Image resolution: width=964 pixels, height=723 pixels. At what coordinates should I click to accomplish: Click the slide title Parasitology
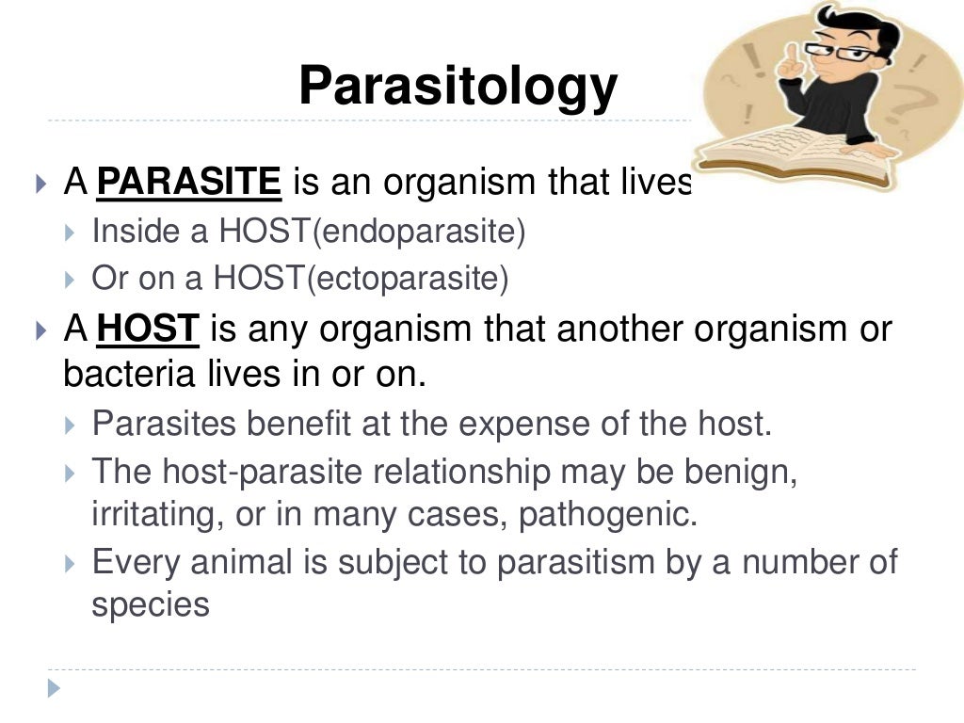click(458, 87)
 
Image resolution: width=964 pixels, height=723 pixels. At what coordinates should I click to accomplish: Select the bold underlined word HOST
click(148, 329)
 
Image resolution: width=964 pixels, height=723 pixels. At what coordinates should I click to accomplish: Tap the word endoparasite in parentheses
click(419, 233)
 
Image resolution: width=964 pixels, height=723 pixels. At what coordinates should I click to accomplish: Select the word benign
click(745, 471)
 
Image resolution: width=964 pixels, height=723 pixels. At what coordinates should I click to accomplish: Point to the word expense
click(539, 424)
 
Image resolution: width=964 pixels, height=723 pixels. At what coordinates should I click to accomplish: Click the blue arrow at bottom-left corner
click(54, 689)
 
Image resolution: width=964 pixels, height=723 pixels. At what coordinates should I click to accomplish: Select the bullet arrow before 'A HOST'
click(40, 330)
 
